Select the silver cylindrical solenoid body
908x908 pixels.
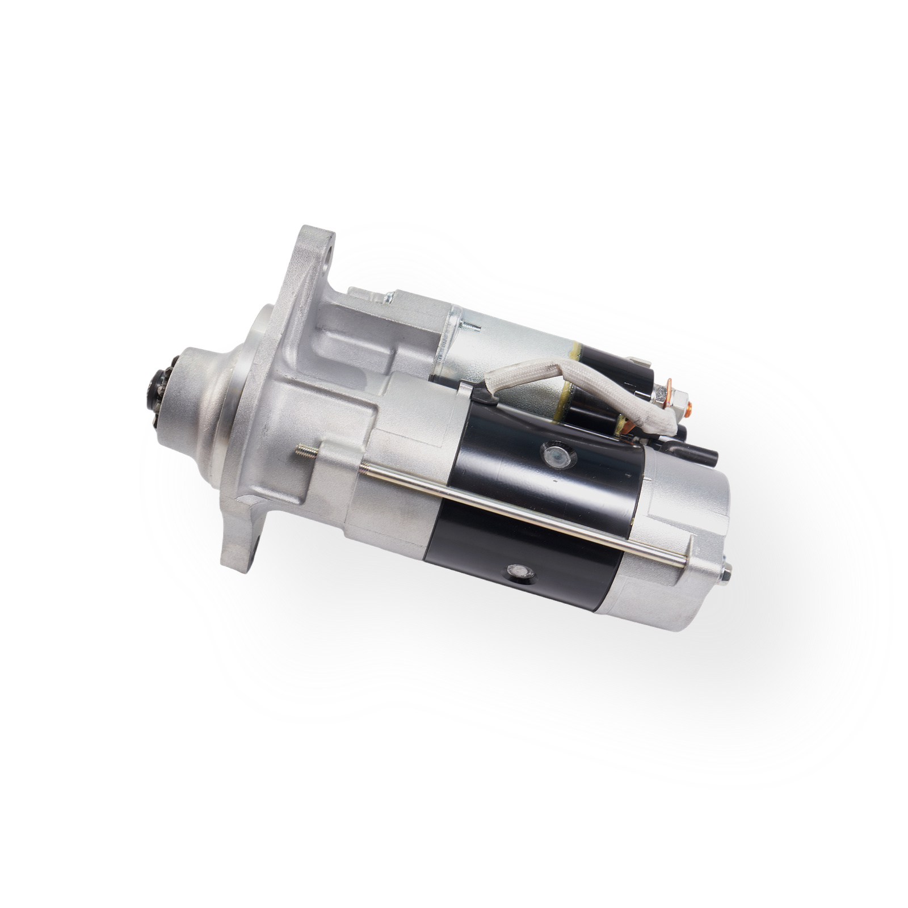click(511, 346)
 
